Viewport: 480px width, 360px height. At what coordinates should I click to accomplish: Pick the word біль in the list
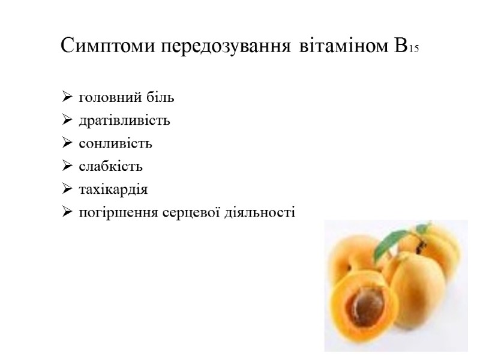tap(160, 97)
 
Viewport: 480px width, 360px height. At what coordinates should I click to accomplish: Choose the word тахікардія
tap(113, 190)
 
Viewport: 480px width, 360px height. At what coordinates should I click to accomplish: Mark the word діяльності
tap(264, 214)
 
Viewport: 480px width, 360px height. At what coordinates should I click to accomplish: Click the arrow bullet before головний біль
tap(66, 97)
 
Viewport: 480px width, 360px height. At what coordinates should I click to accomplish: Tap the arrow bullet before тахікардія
tap(66, 190)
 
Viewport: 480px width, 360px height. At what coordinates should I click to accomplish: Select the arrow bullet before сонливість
tap(66, 144)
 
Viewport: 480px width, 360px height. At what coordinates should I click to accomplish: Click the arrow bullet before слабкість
tap(66, 167)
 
